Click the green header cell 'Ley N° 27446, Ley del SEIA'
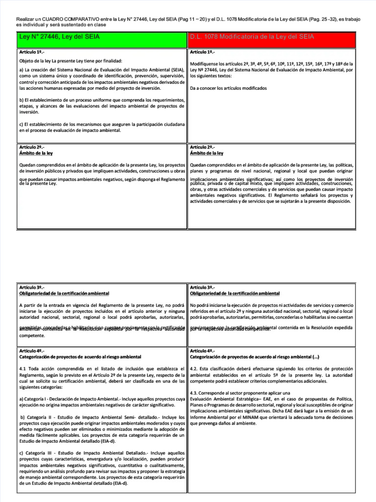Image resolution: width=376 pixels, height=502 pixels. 101,37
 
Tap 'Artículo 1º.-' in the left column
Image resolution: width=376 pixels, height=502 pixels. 33,52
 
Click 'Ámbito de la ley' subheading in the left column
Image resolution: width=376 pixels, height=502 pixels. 36,153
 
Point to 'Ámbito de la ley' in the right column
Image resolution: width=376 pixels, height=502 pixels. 206,153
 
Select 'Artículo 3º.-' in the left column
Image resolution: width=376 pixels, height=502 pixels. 33,287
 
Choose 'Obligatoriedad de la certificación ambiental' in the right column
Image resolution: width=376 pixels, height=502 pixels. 235,293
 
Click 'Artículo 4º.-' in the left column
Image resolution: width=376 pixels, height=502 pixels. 33,351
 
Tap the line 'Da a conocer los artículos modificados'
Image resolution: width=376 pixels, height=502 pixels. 228,88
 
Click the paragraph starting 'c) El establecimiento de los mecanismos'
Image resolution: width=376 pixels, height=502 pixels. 102,127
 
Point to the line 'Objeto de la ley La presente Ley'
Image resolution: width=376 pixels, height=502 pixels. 70,61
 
